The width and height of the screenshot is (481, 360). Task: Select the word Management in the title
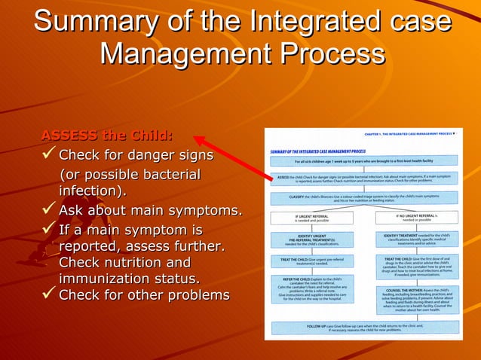tap(192, 53)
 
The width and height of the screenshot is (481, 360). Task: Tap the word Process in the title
tap(337, 53)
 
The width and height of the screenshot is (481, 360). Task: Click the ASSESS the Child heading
tap(106, 136)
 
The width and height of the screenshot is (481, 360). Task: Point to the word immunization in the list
tap(98, 279)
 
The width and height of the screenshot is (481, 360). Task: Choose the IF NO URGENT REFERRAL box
tap(416, 218)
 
